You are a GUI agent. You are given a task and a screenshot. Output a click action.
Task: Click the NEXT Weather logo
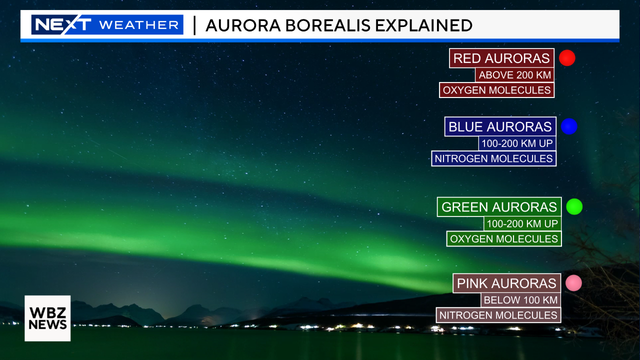point(106,24)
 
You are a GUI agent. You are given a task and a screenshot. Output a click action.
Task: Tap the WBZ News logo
point(48,318)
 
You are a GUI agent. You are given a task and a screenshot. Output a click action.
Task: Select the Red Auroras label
point(502,58)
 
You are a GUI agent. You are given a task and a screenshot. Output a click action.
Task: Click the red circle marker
point(567,58)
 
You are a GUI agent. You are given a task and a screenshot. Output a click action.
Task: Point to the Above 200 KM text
point(516,75)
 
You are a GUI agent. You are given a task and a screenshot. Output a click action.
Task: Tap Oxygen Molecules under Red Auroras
point(496,90)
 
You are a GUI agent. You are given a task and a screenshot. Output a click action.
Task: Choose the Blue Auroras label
point(500,127)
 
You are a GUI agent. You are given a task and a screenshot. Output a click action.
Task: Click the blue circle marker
point(569,127)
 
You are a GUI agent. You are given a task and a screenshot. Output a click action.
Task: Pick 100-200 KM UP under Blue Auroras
point(518,143)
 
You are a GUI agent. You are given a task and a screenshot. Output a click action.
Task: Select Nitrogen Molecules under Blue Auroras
point(493,158)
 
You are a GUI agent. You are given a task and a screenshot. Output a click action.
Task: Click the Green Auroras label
point(499,207)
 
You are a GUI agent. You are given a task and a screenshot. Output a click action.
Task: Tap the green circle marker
point(574,207)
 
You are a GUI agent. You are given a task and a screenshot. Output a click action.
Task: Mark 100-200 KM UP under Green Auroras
point(523,223)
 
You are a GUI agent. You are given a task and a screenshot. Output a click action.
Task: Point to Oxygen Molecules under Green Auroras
point(503,238)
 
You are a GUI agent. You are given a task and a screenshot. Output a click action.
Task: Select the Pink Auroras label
point(505,284)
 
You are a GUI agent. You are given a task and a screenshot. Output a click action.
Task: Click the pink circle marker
point(573,284)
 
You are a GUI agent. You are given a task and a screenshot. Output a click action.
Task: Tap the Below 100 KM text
point(519,300)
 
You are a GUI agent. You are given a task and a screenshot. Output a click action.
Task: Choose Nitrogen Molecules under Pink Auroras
point(497,315)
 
